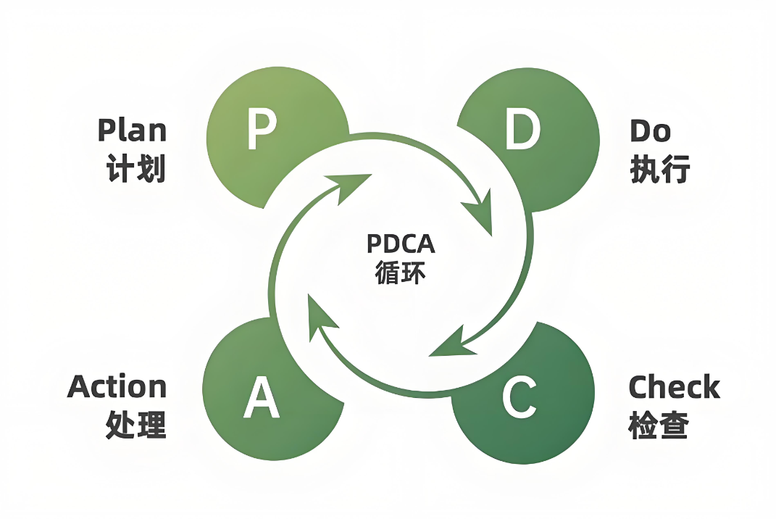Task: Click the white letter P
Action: click(262, 129)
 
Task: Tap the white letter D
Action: click(522, 129)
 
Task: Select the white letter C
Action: click(519, 397)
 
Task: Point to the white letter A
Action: click(262, 397)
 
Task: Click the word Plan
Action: click(132, 130)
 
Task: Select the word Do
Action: click(650, 130)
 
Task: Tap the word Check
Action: click(674, 388)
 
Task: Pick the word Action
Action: click(117, 387)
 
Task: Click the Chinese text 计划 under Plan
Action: click(136, 170)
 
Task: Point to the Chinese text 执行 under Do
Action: click(659, 170)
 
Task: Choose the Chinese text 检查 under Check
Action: click(658, 426)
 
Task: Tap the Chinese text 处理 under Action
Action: click(136, 425)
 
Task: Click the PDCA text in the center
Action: click(401, 244)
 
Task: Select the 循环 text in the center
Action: click(401, 275)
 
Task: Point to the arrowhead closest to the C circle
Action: click(449, 344)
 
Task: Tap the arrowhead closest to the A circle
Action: click(319, 315)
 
